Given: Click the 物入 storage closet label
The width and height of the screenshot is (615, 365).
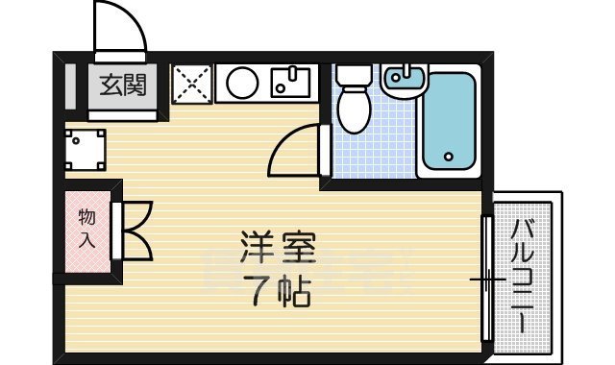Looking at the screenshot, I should click(x=86, y=230).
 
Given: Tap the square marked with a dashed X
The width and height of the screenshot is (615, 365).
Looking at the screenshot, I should click(x=191, y=84).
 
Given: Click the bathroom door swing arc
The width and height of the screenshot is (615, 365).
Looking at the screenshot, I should click(x=293, y=150).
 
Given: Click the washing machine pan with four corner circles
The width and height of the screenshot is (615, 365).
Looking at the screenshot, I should click(x=86, y=150).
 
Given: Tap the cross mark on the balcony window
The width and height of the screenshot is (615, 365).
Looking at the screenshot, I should click(x=488, y=280).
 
